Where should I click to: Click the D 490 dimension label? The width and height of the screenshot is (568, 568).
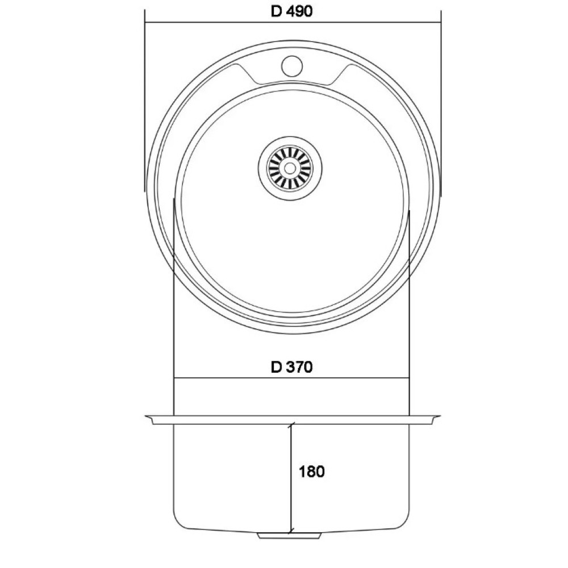coord(291,11)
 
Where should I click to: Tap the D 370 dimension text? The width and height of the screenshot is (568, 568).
coord(291,367)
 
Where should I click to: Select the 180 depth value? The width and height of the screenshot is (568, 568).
coord(311,471)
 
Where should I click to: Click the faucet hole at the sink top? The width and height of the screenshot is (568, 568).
coord(291,65)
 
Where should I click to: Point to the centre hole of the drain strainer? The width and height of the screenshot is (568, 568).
coord(290,168)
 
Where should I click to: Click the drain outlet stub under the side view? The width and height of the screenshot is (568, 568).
coord(290,536)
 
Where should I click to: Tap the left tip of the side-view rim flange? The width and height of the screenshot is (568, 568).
coord(145,416)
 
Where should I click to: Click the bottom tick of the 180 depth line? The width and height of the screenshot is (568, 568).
coord(290,532)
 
